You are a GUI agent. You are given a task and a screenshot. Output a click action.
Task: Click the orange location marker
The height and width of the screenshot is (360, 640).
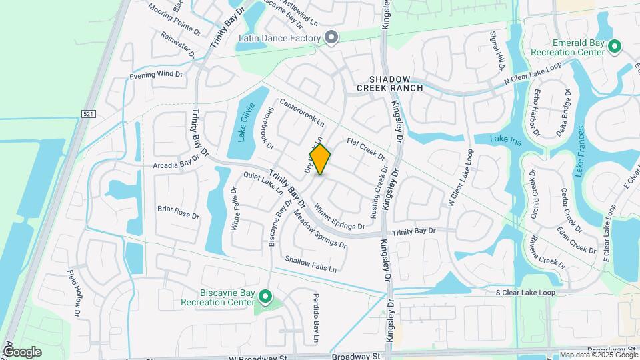320,159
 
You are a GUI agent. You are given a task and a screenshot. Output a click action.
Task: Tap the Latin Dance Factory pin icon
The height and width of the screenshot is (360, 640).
331,37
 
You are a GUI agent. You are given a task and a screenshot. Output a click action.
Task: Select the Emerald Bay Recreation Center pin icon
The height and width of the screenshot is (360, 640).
615,46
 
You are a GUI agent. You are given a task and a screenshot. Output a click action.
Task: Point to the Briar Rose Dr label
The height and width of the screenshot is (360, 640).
178,213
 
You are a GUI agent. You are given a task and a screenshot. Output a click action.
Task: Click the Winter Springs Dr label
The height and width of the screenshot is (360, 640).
339,216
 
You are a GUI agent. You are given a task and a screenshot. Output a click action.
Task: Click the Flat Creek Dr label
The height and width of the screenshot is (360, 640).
366,149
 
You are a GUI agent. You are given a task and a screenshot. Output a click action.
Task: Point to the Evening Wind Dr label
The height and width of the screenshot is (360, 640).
156,75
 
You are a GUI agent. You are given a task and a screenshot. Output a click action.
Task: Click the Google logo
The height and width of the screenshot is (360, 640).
22,351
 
